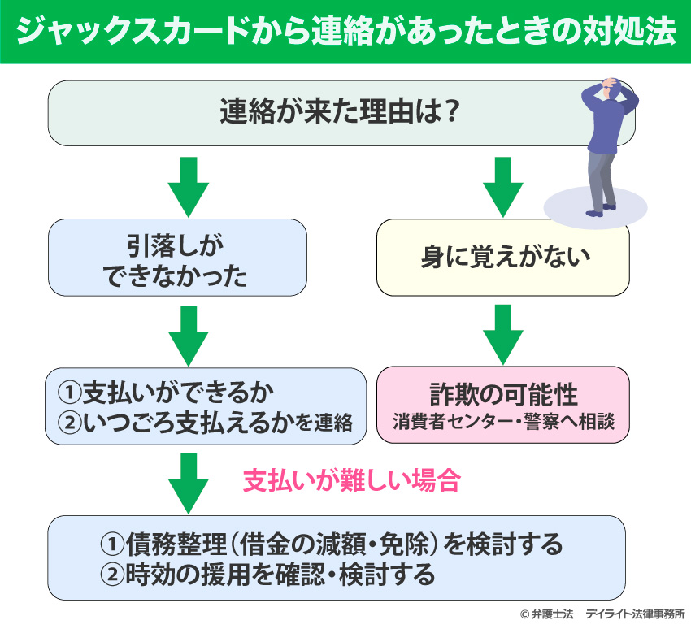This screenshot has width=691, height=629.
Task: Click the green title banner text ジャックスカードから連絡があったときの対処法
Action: click(345, 32)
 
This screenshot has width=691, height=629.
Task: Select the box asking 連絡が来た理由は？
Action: click(341, 111)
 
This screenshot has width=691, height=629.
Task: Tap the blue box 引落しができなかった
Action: click(176, 257)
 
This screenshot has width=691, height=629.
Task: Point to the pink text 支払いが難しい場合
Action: click(352, 481)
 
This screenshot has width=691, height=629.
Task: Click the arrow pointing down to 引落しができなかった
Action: click(189, 184)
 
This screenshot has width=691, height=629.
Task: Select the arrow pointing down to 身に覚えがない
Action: click(502, 184)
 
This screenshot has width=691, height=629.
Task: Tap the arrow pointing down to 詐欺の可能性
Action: click(502, 333)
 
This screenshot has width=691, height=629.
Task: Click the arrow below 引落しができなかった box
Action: click(189, 333)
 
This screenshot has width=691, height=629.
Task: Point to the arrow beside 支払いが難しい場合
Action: click(189, 481)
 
